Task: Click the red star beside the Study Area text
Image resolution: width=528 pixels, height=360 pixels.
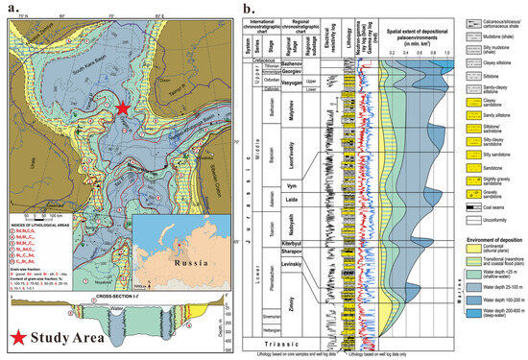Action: [21, 335]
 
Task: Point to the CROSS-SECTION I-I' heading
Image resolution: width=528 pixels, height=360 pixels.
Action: [80, 274]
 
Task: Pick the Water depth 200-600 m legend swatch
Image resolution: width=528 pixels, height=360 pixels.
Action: [463, 326]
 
